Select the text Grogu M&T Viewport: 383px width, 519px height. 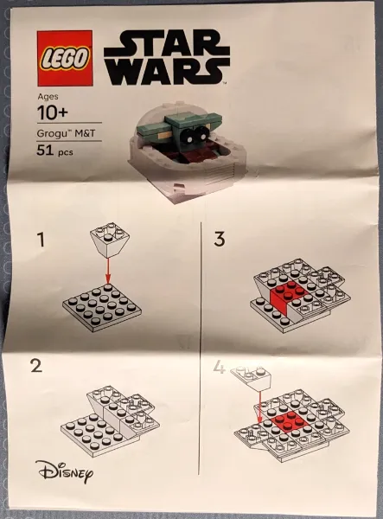[65, 133]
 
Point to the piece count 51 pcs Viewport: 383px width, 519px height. [57, 151]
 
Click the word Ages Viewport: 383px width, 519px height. [48, 97]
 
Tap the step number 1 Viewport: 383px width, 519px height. [40, 240]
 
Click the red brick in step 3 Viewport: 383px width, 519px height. [286, 296]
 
